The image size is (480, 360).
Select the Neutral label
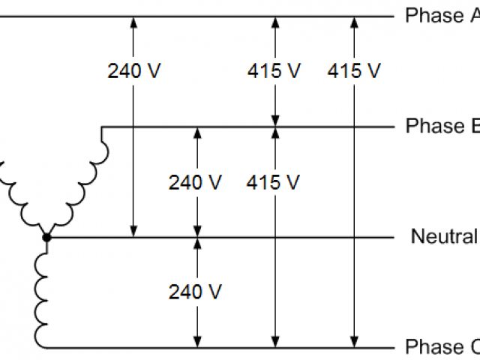pos(444,237)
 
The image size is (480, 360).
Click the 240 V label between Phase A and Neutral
pos(134,71)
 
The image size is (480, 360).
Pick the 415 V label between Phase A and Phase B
pos(274,71)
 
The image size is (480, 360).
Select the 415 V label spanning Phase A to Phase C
pos(354,71)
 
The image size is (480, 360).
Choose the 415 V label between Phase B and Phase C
pos(274,182)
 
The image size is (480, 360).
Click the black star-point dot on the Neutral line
pos(46,238)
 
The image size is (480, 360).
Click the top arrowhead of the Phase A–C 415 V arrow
pos(354,22)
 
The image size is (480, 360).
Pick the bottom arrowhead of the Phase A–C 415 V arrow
pos(354,342)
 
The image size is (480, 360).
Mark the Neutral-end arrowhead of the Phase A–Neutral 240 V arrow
pos(134,232)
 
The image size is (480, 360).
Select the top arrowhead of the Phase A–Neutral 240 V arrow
pos(134,22)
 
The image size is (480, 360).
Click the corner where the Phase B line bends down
pos(101,127)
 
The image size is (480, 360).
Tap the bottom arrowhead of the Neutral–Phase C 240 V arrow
pos(197,342)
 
